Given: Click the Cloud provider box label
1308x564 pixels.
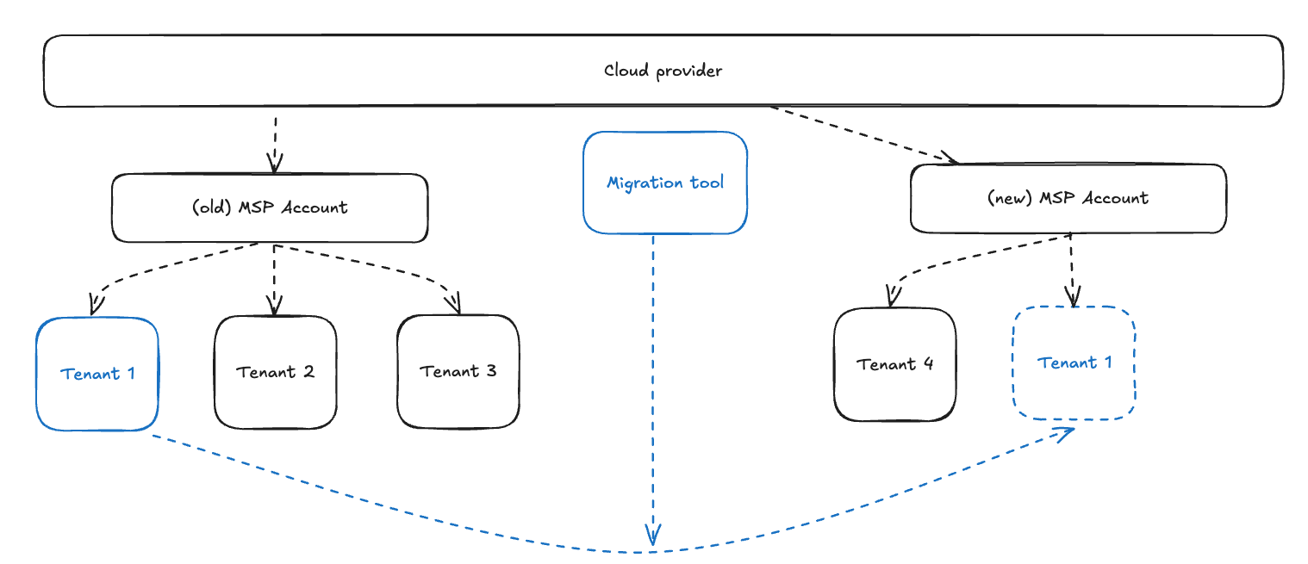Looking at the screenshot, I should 663,71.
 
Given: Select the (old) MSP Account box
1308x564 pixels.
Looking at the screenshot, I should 270,208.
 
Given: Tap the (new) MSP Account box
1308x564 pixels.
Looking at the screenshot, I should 1068,198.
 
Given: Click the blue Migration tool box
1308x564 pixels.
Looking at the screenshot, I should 664,183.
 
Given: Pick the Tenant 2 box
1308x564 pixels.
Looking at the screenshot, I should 275,372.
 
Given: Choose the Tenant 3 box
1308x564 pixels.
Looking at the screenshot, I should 458,372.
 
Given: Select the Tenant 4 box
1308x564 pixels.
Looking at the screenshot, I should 894,364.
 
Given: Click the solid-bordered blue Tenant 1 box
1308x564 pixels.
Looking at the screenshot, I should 97,374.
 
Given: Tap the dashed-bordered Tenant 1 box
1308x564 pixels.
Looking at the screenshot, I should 1074,363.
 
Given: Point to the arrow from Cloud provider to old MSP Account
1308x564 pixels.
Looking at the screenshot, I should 275,142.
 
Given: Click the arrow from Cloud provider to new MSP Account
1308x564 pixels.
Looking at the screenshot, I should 862,133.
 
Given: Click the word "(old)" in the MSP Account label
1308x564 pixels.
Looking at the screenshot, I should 209,208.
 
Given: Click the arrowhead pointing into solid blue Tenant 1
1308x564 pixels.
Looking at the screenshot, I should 96,305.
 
